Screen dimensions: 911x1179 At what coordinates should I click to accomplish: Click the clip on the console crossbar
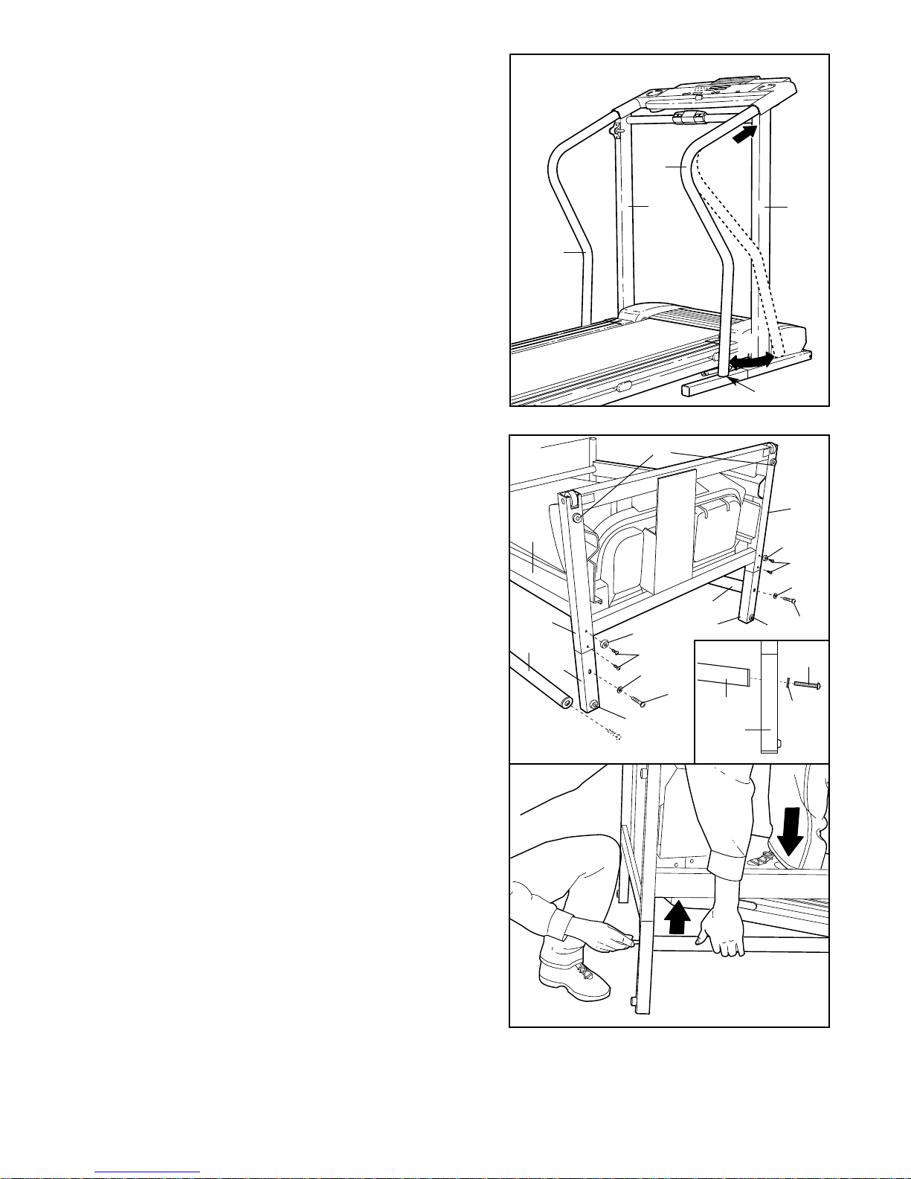coord(688,117)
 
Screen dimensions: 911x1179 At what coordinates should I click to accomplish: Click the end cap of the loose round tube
coord(567,701)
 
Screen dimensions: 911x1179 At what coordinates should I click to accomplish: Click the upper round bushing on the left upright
coord(578,516)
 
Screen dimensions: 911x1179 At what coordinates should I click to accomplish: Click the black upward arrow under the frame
coord(676,916)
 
